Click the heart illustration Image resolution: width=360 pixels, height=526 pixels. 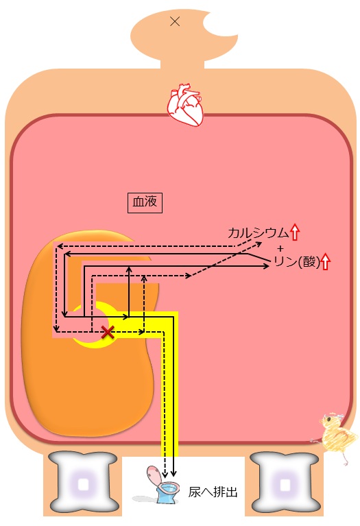[186, 104]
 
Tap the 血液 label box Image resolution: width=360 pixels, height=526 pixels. [145, 202]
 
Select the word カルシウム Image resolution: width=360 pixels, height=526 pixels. [258, 232]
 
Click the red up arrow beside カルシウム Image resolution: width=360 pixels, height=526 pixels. [295, 232]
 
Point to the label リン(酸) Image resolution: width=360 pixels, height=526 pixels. [297, 262]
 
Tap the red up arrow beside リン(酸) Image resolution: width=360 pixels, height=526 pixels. [326, 262]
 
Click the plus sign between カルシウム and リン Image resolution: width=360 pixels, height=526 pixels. [280, 248]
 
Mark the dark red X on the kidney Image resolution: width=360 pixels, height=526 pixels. [108, 333]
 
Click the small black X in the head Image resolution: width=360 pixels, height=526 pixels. [175, 22]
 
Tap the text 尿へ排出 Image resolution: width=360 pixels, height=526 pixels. [213, 492]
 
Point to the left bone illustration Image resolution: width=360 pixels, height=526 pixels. [83, 483]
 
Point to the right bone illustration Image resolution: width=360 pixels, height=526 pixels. [285, 483]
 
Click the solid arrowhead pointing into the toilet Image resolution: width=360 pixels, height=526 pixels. [173, 474]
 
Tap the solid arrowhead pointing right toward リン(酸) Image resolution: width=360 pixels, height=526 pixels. [266, 265]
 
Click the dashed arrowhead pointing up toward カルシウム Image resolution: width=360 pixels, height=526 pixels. [259, 243]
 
